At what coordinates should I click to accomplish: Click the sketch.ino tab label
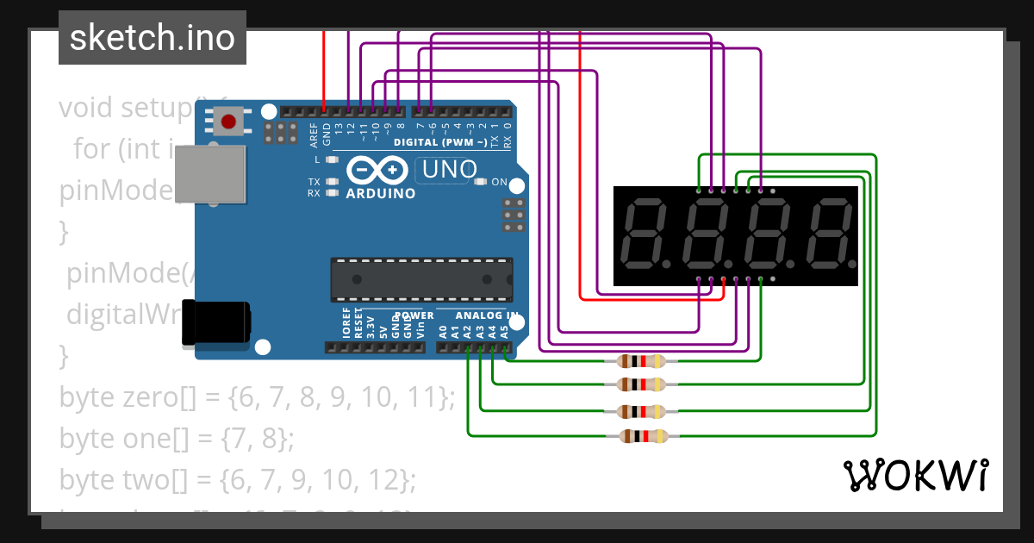153,38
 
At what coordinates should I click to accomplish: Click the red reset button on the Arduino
228,122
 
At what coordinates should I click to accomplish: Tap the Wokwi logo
915,475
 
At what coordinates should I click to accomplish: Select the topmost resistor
638,361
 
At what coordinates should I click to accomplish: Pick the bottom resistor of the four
638,436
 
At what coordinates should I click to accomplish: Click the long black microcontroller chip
422,280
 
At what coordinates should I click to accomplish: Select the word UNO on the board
445,170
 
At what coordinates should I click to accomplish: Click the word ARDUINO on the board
380,194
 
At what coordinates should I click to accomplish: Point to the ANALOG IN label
486,316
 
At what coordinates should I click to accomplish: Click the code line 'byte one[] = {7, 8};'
177,438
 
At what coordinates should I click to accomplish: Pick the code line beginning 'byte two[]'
238,479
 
